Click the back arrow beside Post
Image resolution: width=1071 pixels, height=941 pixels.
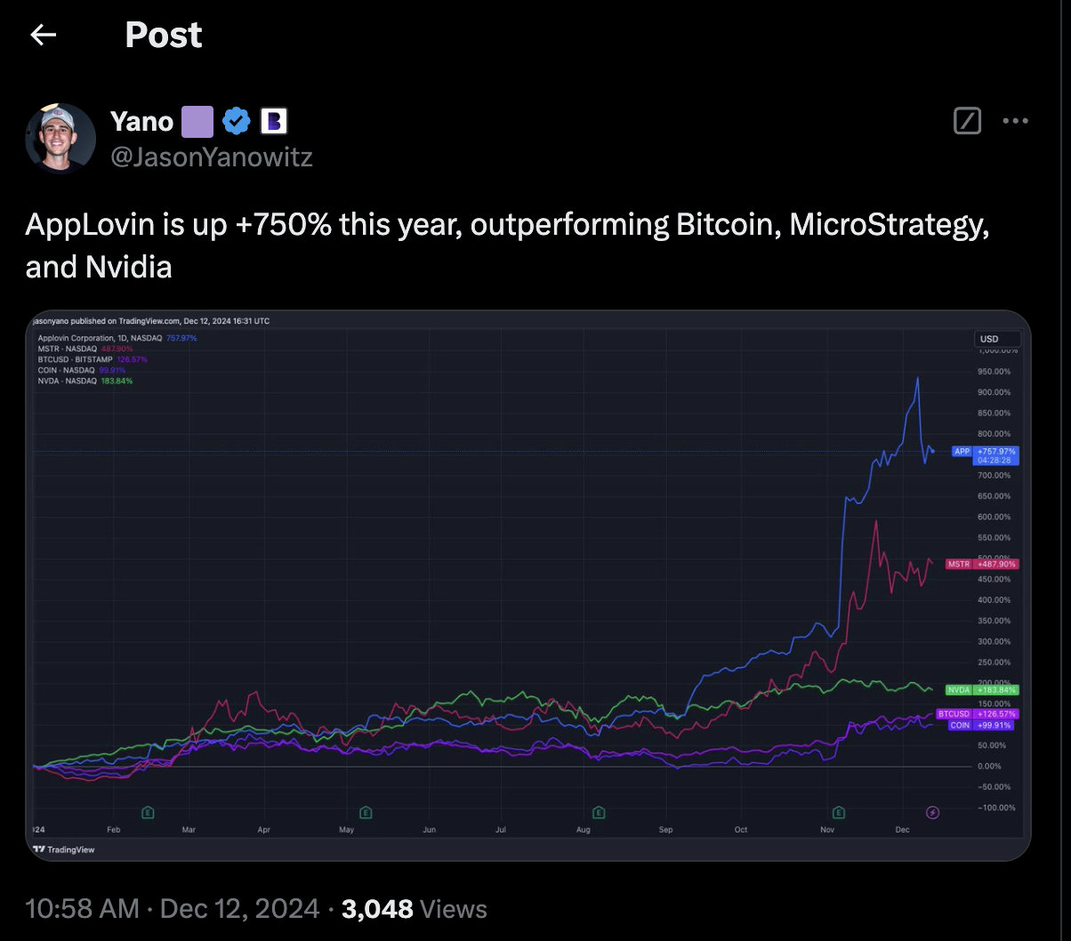(43, 35)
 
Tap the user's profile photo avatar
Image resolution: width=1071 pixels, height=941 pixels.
(60, 138)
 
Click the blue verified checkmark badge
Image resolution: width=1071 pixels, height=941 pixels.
(236, 121)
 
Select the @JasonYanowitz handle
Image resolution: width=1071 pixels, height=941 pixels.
(211, 157)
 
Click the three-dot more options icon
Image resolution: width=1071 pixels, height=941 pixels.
(1015, 121)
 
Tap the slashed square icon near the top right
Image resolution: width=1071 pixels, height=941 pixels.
(967, 121)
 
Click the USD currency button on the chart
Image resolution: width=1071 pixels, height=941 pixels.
(996, 339)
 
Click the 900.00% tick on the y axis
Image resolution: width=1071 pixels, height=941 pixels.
(994, 392)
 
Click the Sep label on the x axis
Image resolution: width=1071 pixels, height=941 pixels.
(666, 829)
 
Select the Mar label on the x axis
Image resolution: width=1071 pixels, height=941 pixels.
(189, 829)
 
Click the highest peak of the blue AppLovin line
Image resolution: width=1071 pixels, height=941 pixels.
(917, 378)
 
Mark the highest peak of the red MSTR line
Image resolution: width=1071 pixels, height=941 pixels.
(876, 520)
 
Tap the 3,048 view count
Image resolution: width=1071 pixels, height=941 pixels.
(377, 909)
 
